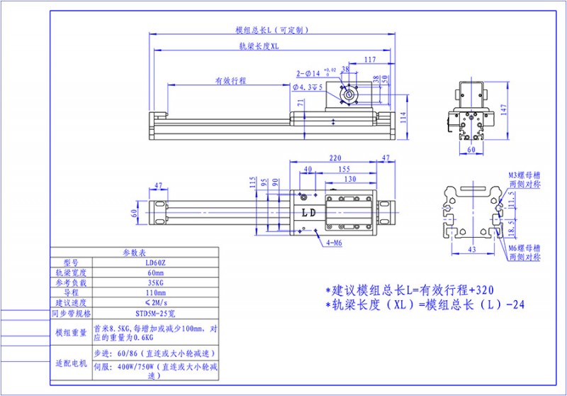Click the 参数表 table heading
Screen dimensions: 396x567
(x=134, y=252)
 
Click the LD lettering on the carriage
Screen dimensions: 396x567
(x=309, y=212)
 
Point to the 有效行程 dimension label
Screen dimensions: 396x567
(x=230, y=81)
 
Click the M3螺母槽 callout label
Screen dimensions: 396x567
(x=524, y=174)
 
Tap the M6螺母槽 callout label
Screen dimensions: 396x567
(x=524, y=248)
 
